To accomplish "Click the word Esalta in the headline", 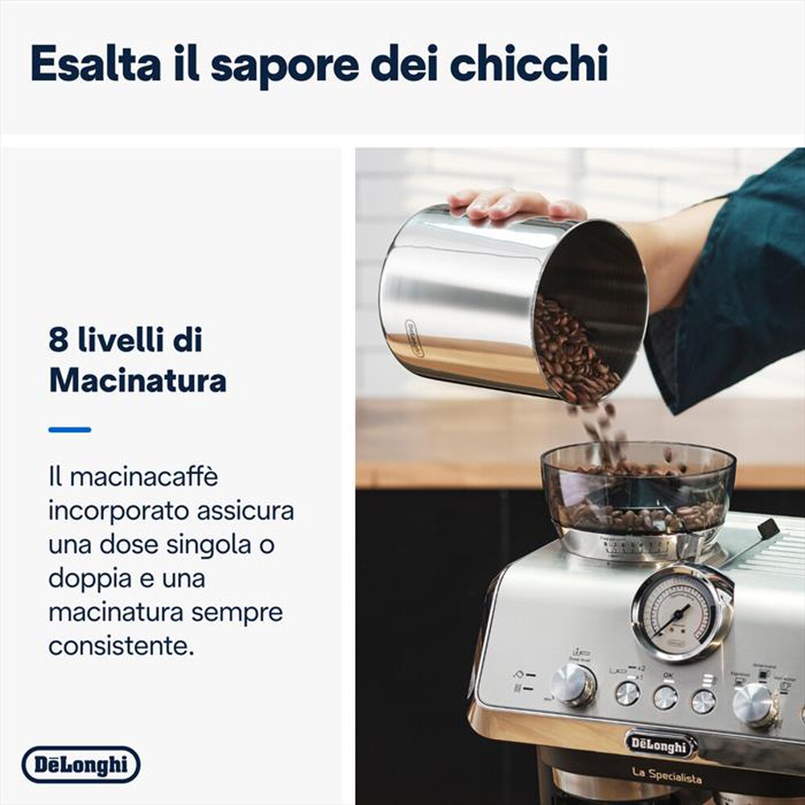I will (96, 64).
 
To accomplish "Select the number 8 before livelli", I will (58, 341).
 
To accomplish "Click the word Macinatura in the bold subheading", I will (138, 379).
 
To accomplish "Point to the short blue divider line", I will (69, 430).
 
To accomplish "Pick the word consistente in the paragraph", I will (121, 646).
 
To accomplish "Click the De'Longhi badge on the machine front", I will (660, 743).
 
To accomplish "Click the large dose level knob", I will (573, 684).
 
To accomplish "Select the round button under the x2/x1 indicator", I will (627, 692).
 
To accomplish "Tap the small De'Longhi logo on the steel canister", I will (414, 338).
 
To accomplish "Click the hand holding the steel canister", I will (515, 204).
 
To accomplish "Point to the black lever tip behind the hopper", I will (768, 528).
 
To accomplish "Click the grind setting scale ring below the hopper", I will (636, 547).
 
